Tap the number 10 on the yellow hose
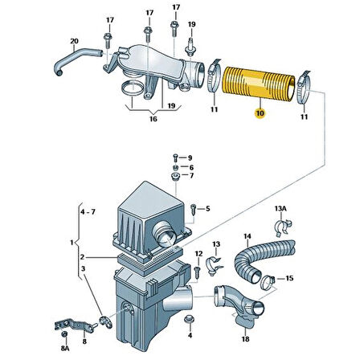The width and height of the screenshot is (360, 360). click(x=259, y=115)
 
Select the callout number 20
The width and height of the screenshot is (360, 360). click(x=74, y=41)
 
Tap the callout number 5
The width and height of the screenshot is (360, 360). click(x=207, y=209)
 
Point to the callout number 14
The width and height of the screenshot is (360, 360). click(x=247, y=236)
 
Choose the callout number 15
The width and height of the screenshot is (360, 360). click(x=290, y=279)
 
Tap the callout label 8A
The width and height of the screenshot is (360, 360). click(x=64, y=350)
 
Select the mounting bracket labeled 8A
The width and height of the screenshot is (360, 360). click(x=68, y=329)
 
